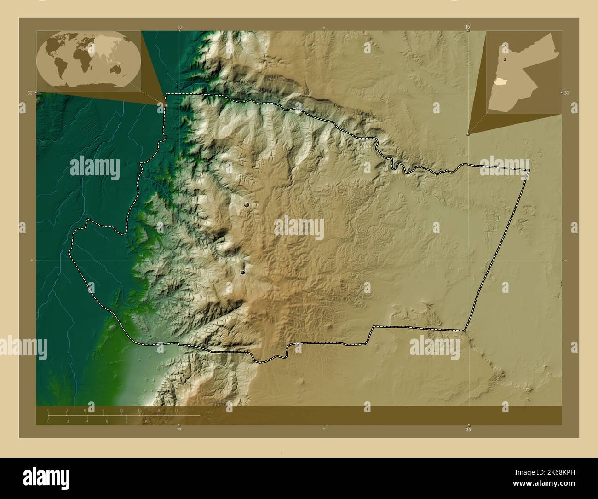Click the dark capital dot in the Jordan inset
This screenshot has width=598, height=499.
(505, 60)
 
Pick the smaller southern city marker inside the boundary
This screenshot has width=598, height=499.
(243, 273)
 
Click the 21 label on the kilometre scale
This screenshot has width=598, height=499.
(176, 410)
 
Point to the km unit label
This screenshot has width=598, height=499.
(209, 412)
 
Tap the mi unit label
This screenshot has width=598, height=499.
(209, 419)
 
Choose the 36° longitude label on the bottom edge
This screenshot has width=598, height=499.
(468, 429)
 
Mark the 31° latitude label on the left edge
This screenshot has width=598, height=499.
(30, 93)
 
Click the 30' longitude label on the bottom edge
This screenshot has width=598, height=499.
(179, 429)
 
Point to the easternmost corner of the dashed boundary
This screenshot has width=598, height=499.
(529, 170)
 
